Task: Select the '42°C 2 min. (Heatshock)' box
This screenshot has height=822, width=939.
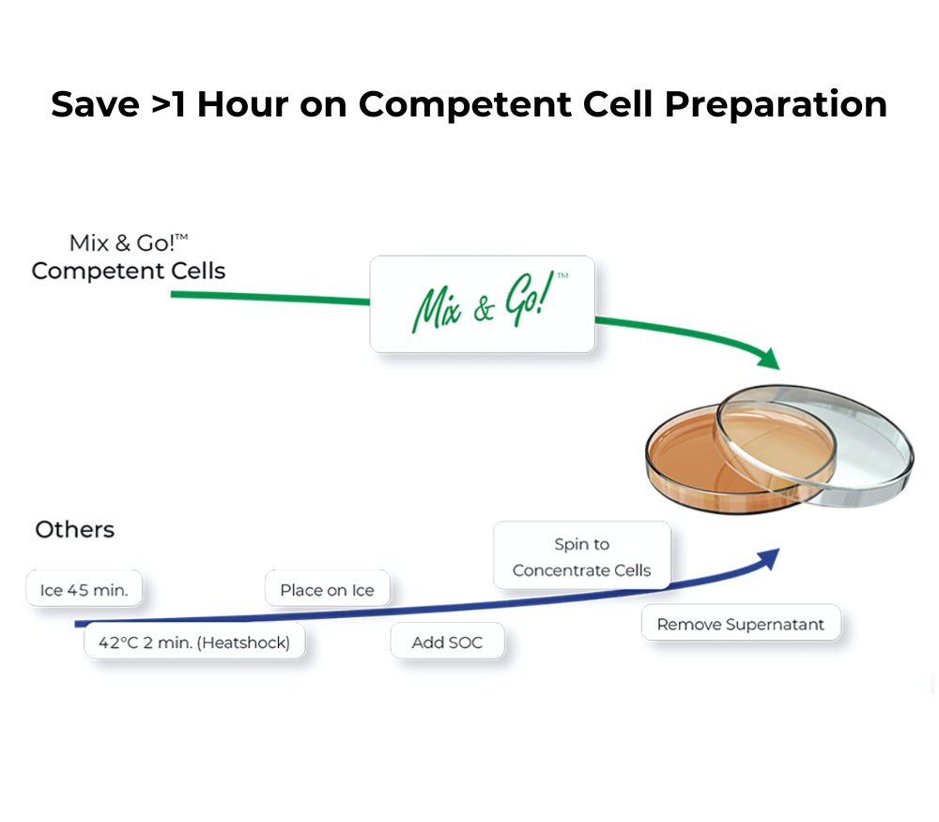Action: point(194,643)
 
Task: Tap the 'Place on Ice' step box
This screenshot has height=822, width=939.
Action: point(327,590)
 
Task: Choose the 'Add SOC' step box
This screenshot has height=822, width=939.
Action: point(447,643)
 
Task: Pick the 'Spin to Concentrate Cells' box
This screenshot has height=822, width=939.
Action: point(581,556)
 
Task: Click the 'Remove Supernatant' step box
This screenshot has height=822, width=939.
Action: point(740,624)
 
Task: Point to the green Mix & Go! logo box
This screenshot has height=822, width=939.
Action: point(482,304)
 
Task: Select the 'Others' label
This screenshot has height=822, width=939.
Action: point(75,530)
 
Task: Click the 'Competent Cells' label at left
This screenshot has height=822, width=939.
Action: point(129,271)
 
